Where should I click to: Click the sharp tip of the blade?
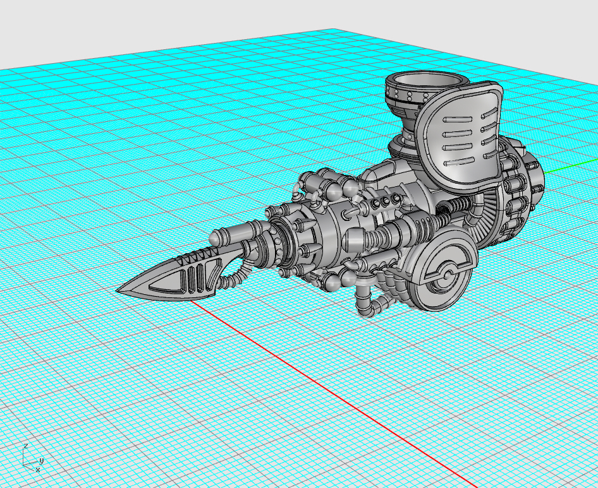(x=117, y=290)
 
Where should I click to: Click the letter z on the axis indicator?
(x=25, y=446)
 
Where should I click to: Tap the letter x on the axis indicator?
(x=38, y=470)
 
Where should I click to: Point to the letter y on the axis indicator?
(x=42, y=461)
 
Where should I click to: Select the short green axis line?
(x=571, y=167)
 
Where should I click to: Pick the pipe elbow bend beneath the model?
(x=376, y=305)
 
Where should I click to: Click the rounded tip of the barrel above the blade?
(x=214, y=237)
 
